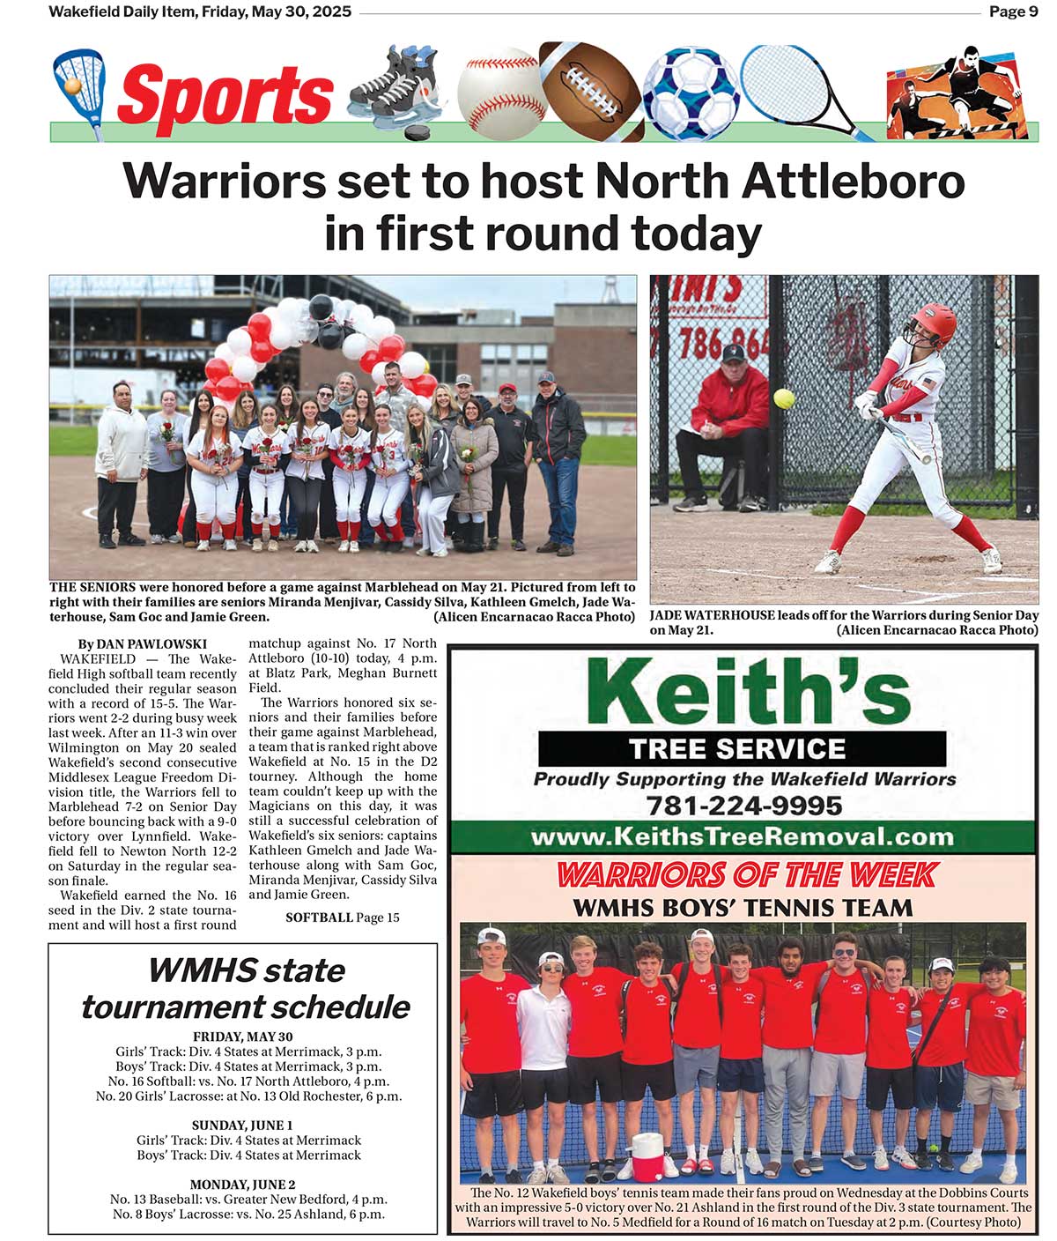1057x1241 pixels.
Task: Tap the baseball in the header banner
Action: pos(501,91)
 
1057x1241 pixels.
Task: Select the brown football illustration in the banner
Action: pos(591,88)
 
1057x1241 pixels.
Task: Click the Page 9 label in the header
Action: pos(1013,11)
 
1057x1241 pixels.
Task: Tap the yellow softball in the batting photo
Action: pos(783,398)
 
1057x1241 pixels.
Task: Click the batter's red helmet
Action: pos(934,323)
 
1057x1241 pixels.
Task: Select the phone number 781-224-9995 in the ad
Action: pos(743,806)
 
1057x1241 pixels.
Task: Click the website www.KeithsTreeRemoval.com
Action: pos(742,836)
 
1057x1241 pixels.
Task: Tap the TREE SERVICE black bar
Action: pos(742,749)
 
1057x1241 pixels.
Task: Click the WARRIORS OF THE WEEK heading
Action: pos(746,874)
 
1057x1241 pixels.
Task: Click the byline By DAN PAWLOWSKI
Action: pos(142,644)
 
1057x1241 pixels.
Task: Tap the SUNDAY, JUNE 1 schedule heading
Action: pos(242,1126)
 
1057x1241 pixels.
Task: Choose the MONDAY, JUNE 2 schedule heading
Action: pos(242,1185)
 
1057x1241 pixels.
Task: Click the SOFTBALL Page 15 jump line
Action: pos(342,918)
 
